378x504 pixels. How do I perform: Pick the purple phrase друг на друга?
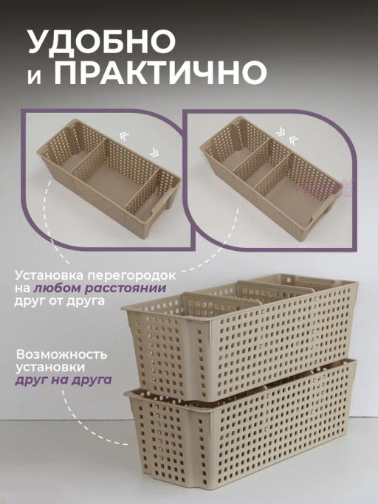pyautogui.click(x=63, y=380)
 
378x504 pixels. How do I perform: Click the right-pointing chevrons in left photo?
pyautogui.click(x=154, y=152)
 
